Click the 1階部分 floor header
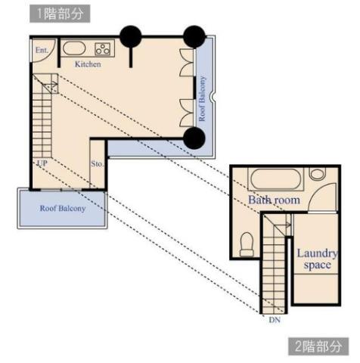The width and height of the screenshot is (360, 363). click(x=60, y=14)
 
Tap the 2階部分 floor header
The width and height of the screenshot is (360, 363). click(x=318, y=346)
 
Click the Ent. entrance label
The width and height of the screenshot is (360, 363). click(x=42, y=50)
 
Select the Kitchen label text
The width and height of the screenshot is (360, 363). click(x=88, y=64)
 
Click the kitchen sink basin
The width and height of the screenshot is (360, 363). click(x=74, y=48)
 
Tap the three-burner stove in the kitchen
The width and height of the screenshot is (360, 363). click(x=103, y=49)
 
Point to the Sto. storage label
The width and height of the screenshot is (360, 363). click(x=97, y=164)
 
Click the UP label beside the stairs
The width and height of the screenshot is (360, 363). click(x=42, y=163)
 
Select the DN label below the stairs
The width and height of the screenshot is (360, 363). click(x=275, y=320)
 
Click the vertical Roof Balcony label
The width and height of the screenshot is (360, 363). click(x=202, y=99)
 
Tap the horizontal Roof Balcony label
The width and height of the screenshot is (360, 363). click(x=63, y=209)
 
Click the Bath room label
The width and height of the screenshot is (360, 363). click(x=274, y=200)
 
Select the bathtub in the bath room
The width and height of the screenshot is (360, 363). click(x=276, y=178)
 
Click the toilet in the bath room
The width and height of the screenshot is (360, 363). click(x=247, y=244)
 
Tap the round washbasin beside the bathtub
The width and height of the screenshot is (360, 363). click(x=318, y=174)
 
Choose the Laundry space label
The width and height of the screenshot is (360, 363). click(x=317, y=259)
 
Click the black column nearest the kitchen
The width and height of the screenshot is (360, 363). click(x=131, y=36)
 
